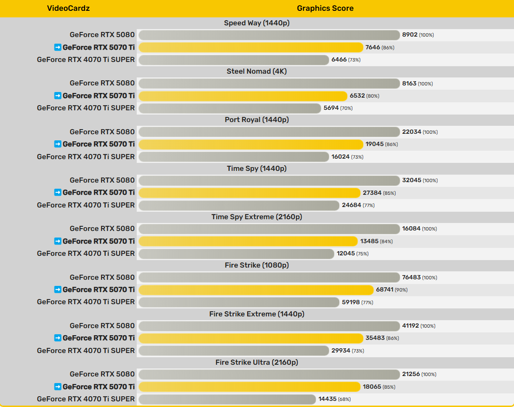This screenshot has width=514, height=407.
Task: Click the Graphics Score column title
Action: (325, 8)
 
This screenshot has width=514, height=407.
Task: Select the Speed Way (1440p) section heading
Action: (257, 23)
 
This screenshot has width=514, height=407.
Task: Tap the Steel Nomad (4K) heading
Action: (257, 71)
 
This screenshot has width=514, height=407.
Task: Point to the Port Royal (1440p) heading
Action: (257, 120)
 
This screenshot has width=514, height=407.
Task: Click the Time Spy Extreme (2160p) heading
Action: (257, 217)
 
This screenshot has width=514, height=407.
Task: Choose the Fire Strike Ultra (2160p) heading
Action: (257, 362)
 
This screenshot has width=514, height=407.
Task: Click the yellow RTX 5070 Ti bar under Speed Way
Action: (251, 47)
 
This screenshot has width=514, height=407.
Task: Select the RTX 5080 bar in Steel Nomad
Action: (269, 84)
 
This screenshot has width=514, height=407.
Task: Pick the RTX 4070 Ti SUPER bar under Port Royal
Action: (234, 157)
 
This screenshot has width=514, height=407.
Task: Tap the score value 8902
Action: (410, 35)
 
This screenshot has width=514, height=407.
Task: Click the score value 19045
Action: (374, 144)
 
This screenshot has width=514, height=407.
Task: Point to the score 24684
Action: (351, 205)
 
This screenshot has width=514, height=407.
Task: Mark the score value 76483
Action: (411, 277)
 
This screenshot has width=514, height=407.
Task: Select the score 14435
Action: (327, 399)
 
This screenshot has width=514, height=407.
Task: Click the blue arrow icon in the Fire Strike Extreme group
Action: (58, 338)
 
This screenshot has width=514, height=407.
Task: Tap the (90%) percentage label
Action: (401, 290)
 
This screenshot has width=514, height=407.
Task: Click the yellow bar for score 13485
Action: (248, 241)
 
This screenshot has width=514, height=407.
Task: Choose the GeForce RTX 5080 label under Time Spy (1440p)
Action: (102, 180)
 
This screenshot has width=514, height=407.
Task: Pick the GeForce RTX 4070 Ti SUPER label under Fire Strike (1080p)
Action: (86, 302)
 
